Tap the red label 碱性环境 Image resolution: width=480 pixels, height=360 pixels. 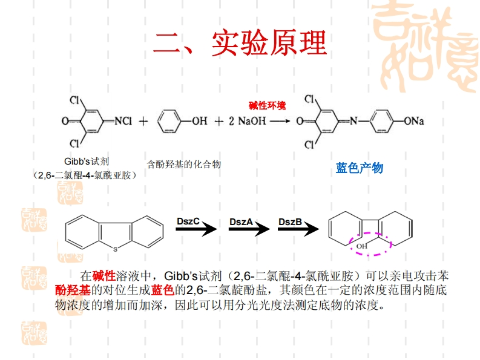(x=268, y=105)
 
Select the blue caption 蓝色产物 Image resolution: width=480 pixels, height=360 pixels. (x=360, y=168)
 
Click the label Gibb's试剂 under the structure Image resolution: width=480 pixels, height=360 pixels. (x=87, y=162)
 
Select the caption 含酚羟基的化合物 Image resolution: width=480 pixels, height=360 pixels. (x=184, y=164)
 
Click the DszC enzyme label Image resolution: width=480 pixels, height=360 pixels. (x=188, y=221)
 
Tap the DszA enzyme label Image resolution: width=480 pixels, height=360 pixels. (x=240, y=221)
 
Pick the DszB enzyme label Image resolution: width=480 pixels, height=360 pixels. (x=290, y=221)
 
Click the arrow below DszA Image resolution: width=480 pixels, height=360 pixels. (x=249, y=229)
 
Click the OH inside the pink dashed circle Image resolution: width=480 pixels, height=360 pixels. (x=361, y=246)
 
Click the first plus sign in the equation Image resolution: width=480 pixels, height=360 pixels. (x=143, y=121)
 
